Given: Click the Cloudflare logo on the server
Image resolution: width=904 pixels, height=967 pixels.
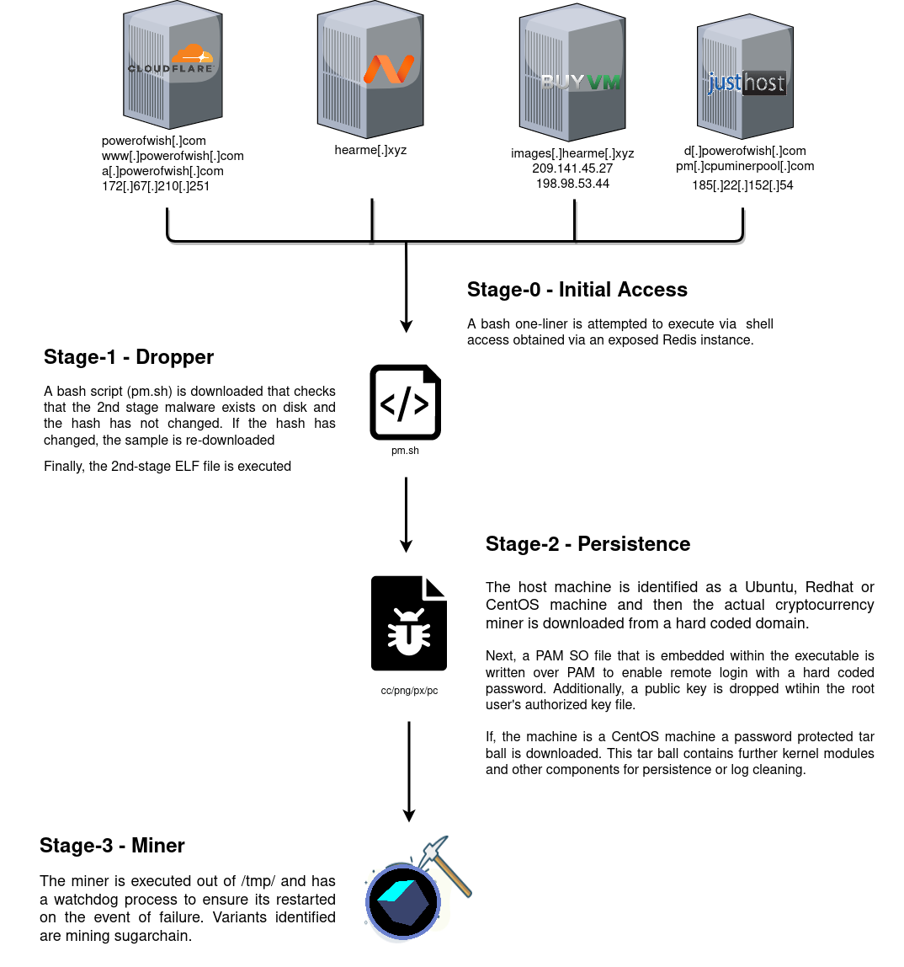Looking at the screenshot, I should (x=172, y=60).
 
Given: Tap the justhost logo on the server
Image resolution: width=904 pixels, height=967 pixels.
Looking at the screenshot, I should (x=746, y=83).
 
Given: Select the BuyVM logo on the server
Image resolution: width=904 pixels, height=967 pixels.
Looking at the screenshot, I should (x=581, y=82).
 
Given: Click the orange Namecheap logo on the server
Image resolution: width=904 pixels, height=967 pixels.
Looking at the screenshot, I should (x=388, y=69).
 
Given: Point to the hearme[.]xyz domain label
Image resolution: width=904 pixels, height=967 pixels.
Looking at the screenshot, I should (x=370, y=150).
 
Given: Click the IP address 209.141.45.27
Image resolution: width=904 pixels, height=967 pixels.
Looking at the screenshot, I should (x=572, y=168).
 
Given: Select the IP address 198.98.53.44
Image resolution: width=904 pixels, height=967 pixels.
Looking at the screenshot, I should (x=572, y=184).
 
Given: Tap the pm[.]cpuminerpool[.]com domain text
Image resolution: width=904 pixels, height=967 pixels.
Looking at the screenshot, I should (x=745, y=166).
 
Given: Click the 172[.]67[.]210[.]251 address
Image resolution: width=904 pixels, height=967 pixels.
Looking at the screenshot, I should (x=156, y=186).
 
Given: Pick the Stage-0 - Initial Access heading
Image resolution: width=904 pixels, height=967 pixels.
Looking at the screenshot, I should (x=577, y=290).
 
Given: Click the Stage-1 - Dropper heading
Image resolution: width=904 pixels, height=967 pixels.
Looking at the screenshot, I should (x=129, y=357).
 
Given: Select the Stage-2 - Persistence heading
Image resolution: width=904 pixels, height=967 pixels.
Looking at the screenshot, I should (x=588, y=544).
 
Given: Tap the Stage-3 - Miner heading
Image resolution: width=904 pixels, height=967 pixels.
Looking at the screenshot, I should (x=112, y=846).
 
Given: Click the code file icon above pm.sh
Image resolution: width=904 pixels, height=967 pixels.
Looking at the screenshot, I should (x=406, y=402).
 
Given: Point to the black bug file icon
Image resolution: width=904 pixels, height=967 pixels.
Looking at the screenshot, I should (x=409, y=623).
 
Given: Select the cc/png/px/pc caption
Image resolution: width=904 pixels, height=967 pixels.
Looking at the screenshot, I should (x=409, y=691).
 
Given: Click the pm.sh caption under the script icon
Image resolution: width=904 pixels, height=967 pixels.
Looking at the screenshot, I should (x=405, y=451).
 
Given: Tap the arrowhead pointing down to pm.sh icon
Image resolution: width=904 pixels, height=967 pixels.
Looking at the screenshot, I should (x=407, y=326).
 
